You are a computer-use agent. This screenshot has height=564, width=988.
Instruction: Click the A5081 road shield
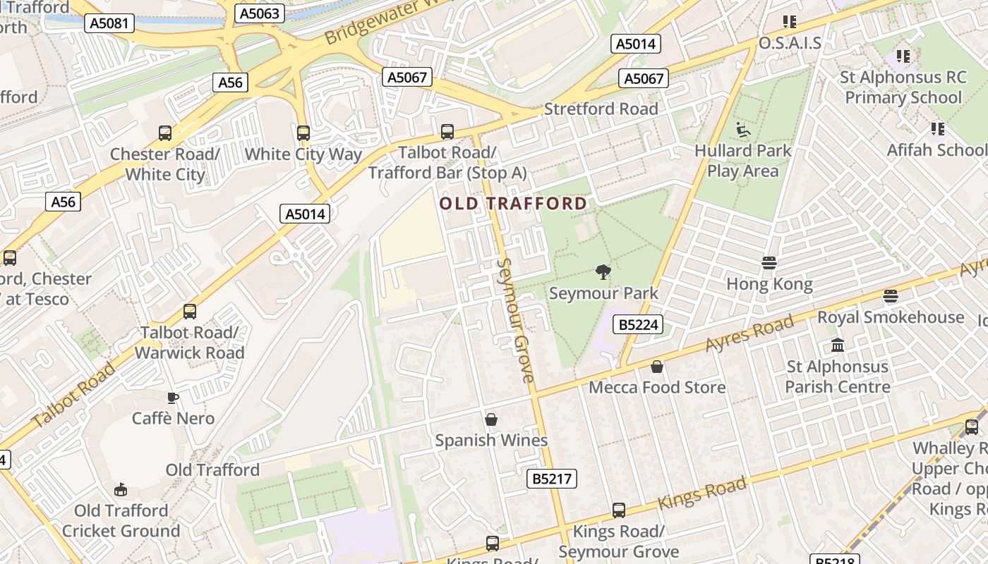tap(109, 23)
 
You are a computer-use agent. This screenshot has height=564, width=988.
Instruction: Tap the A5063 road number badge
tap(260, 13)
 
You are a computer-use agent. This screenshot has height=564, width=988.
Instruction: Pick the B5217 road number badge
tap(552, 479)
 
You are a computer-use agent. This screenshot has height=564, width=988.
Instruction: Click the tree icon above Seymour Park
tap(603, 272)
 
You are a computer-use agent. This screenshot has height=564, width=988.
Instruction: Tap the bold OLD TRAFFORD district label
tap(513, 204)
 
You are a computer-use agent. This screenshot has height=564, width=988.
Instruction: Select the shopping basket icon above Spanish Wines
tap(491, 419)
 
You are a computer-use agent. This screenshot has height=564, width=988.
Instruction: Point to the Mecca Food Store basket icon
tap(656, 367)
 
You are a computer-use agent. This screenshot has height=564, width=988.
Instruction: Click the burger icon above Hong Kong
tap(769, 264)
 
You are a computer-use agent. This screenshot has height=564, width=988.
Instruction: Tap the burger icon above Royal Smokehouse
tap(891, 296)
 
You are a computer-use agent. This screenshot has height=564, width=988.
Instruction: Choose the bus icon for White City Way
tap(303, 133)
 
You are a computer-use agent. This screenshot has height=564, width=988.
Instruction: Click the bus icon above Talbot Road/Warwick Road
tap(189, 311)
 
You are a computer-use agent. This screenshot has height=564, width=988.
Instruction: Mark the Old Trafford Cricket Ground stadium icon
tap(121, 489)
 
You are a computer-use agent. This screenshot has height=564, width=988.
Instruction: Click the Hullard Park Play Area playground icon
tap(742, 130)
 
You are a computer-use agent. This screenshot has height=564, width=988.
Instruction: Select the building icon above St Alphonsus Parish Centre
tap(838, 345)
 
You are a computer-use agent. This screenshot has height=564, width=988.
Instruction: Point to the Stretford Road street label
tap(601, 109)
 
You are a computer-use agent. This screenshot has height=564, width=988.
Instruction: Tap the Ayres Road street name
tap(749, 335)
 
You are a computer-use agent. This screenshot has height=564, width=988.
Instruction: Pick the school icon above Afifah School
tap(937, 129)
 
